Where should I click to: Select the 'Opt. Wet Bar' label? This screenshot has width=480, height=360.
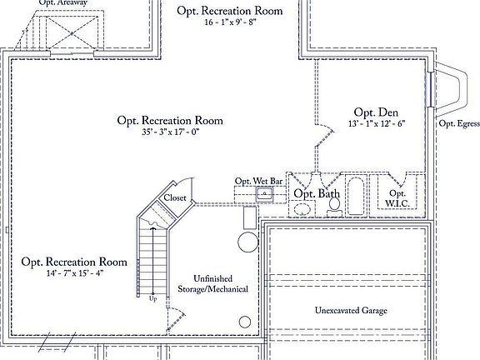pos(259,181)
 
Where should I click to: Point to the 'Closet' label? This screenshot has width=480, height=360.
pos(175,197)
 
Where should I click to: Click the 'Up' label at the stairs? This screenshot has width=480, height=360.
pos(152,297)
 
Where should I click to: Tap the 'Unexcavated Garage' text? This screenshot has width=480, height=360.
pos(350,311)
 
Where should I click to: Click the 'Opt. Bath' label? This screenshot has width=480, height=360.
pos(317,193)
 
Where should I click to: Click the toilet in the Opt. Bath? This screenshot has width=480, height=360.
pos(335,204)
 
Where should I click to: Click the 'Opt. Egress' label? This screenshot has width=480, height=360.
pos(458,124)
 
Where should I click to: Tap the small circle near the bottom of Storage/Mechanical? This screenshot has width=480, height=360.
pos(245,322)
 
